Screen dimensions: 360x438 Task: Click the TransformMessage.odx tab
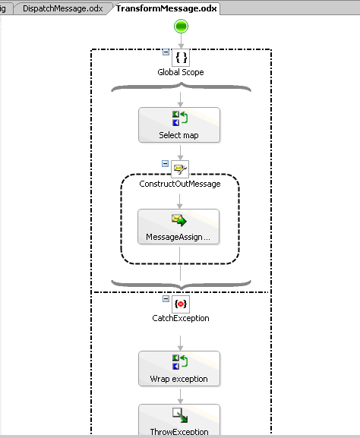(x=166, y=8)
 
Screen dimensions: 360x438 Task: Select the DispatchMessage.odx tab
(x=62, y=8)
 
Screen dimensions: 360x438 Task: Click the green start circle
(x=181, y=27)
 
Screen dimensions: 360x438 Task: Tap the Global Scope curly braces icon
(x=181, y=58)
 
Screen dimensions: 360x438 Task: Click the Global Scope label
(x=181, y=72)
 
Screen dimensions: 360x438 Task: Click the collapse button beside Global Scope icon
(x=166, y=52)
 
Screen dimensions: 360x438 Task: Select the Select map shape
(x=179, y=124)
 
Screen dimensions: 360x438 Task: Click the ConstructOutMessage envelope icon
(x=180, y=169)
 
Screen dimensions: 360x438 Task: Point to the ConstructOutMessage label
(x=180, y=184)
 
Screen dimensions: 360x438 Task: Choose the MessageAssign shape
(x=178, y=226)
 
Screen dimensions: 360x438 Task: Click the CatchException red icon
(x=181, y=304)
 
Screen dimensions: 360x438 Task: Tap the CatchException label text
(x=181, y=318)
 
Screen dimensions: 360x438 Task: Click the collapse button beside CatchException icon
(x=166, y=299)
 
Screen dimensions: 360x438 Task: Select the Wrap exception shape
(x=179, y=369)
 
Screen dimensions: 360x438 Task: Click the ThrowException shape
(x=179, y=420)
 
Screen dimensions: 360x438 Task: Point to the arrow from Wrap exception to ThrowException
(x=180, y=396)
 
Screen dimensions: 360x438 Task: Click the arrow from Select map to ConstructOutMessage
(x=180, y=153)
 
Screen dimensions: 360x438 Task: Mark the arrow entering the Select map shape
(x=180, y=99)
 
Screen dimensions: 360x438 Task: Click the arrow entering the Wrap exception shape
(x=180, y=343)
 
